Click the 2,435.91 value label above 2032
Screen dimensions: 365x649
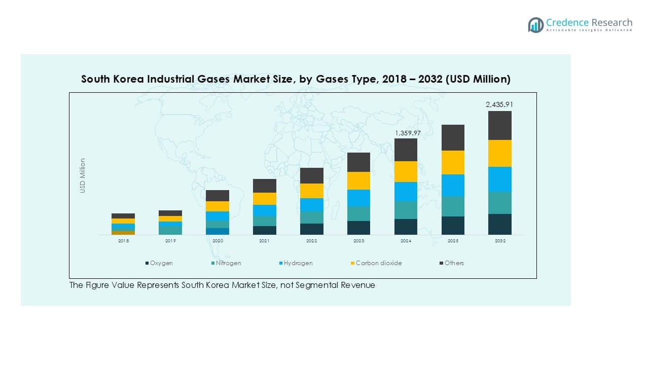499,104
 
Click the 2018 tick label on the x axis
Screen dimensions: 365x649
123,241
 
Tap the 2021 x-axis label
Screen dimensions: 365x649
265,241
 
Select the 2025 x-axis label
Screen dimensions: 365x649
453,241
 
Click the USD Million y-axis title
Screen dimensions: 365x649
83,175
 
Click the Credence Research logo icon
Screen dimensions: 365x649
535,25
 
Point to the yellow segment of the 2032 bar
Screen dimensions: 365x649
499,153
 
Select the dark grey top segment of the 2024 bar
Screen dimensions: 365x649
406,150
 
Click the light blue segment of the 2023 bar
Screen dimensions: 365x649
358,198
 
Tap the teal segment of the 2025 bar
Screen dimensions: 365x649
453,206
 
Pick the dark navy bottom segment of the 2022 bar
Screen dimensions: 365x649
312,229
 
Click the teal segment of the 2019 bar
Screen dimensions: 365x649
170,230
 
